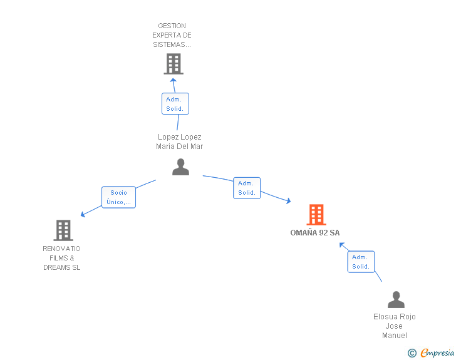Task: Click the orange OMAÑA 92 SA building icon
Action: tap(316, 215)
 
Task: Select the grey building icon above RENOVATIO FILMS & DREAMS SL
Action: tap(63, 230)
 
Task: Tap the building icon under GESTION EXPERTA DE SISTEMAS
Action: tap(174, 64)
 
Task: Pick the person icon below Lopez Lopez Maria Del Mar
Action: tap(180, 167)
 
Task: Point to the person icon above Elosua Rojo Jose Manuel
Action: tap(396, 299)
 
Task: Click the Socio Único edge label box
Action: tap(118, 197)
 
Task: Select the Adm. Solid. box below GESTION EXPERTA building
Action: tap(175, 104)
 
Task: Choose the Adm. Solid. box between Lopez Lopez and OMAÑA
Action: tap(247, 188)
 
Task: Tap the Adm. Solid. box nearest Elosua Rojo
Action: tap(361, 262)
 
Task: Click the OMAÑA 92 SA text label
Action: tap(315, 233)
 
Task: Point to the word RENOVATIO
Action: tap(61, 249)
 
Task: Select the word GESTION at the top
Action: tap(172, 26)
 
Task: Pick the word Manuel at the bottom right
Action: tap(395, 336)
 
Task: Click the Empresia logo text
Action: tap(437, 352)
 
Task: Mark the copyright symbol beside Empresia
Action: tap(412, 353)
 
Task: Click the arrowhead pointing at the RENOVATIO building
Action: tap(83, 215)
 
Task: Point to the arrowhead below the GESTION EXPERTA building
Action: tap(174, 80)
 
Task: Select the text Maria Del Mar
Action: tap(179, 147)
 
